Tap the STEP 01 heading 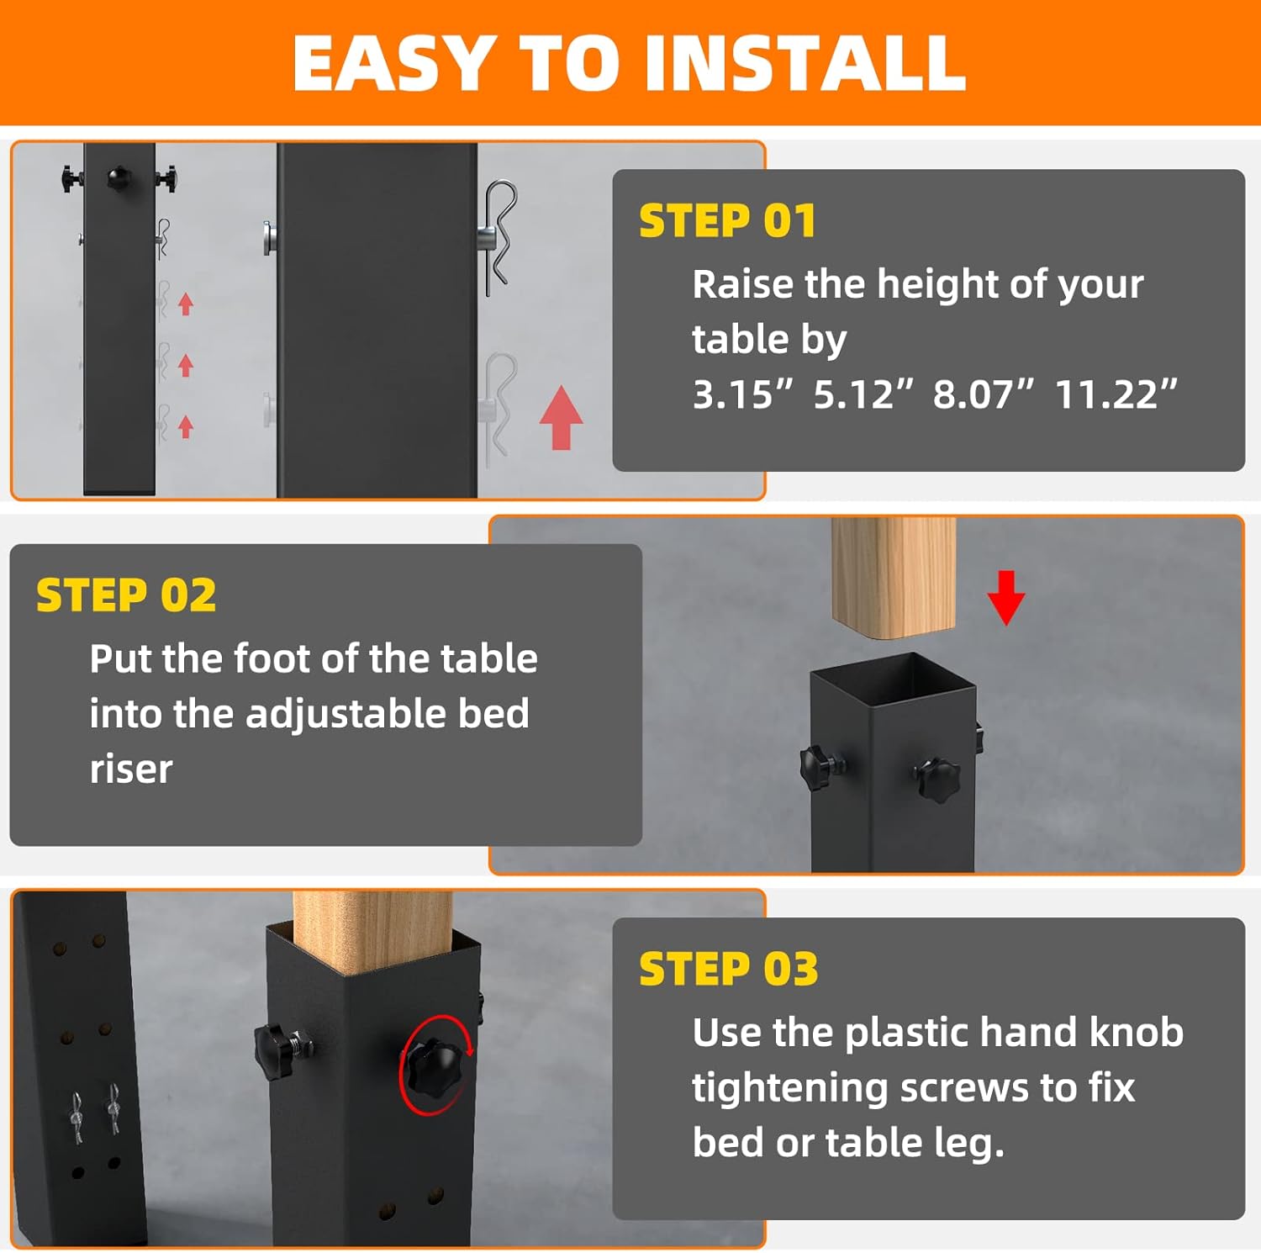(727, 221)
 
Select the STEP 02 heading (126, 595)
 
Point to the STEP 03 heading (728, 969)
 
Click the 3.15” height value (742, 394)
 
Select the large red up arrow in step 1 (561, 418)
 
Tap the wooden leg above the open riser (894, 576)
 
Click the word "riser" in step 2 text (131, 769)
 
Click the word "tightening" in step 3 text (790, 1088)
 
